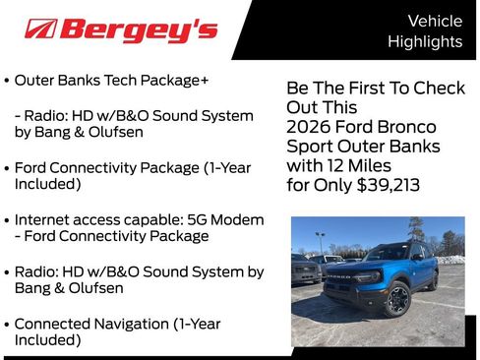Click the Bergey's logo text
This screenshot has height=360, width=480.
(x=138, y=30)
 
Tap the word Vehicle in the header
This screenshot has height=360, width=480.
(x=435, y=21)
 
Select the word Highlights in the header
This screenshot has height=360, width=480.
(x=424, y=41)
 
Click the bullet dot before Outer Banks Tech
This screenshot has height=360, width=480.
(x=8, y=81)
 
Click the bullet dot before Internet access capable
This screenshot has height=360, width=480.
(x=8, y=219)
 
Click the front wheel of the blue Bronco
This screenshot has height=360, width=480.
(x=398, y=299)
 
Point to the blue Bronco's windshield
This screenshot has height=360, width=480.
(x=386, y=253)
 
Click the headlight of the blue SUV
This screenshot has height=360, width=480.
(x=379, y=276)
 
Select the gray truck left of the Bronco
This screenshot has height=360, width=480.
(x=304, y=268)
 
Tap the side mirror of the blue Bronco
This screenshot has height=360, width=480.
(x=417, y=258)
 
